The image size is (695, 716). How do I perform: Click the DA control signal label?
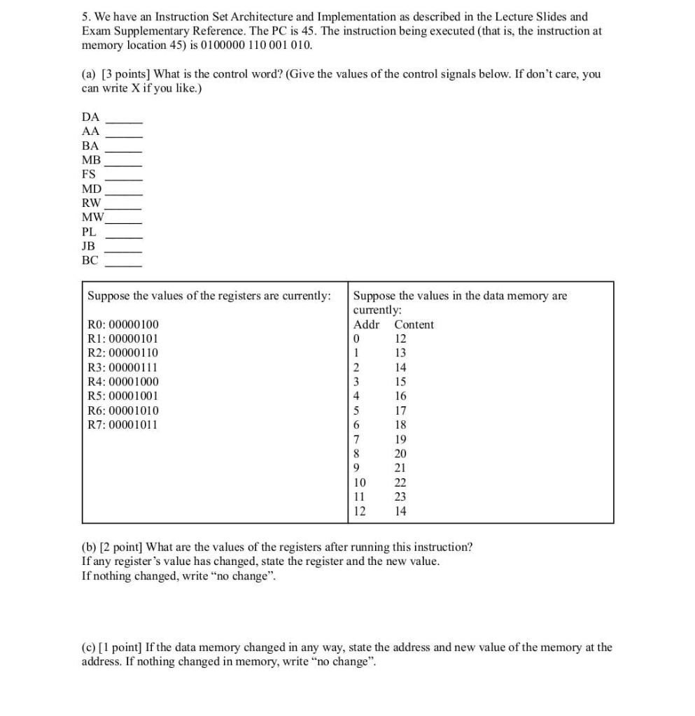point(91,117)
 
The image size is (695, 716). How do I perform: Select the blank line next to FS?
point(124,180)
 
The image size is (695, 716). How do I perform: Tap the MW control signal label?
point(92,217)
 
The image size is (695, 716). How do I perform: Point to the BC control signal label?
point(90,260)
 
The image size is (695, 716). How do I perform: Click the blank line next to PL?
point(124,237)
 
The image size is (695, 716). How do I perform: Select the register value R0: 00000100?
point(122,324)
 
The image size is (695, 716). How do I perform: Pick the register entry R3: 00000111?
point(122,367)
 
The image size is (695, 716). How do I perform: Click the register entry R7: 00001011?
point(122,424)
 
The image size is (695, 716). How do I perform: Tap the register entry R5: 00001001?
point(122,396)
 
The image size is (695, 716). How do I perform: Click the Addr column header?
point(367,324)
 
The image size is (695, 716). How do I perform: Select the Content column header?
point(414,324)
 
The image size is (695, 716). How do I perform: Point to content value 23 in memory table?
point(400,496)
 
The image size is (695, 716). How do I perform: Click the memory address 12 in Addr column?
point(360,511)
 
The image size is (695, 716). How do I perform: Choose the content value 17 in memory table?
point(400,410)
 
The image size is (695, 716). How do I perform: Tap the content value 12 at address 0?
point(400,338)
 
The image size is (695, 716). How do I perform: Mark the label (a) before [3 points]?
point(90,74)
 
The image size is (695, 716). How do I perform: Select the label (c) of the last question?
point(89,647)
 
